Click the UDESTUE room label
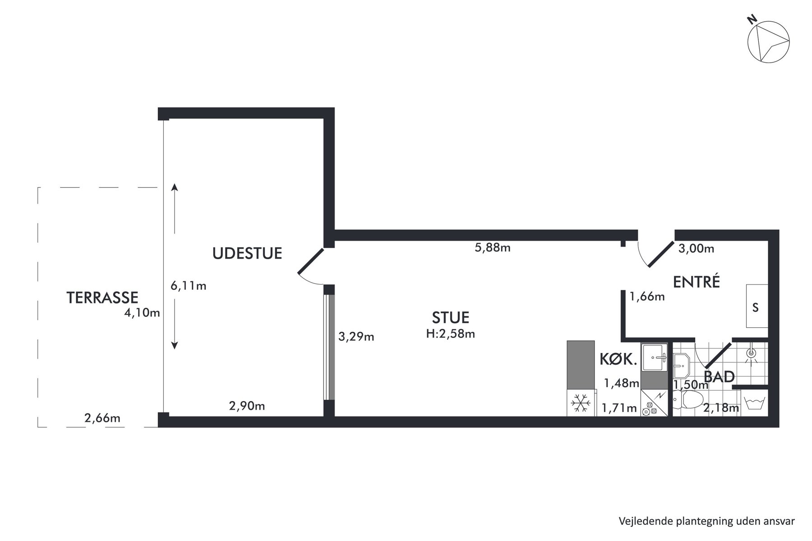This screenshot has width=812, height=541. click(x=247, y=253)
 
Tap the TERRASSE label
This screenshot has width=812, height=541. click(x=102, y=298)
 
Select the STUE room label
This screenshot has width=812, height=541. click(x=451, y=317)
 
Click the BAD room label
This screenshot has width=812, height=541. click(x=720, y=376)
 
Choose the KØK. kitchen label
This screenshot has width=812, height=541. click(x=618, y=359)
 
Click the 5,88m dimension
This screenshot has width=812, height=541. click(x=493, y=248)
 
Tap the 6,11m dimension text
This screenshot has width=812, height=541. click(x=189, y=285)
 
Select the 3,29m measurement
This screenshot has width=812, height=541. click(x=356, y=336)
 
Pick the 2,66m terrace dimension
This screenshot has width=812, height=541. click(x=102, y=418)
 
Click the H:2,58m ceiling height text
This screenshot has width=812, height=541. click(x=451, y=334)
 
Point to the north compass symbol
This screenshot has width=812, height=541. click(x=768, y=41)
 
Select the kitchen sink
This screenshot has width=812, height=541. click(x=654, y=358)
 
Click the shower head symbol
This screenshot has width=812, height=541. click(x=751, y=353)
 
